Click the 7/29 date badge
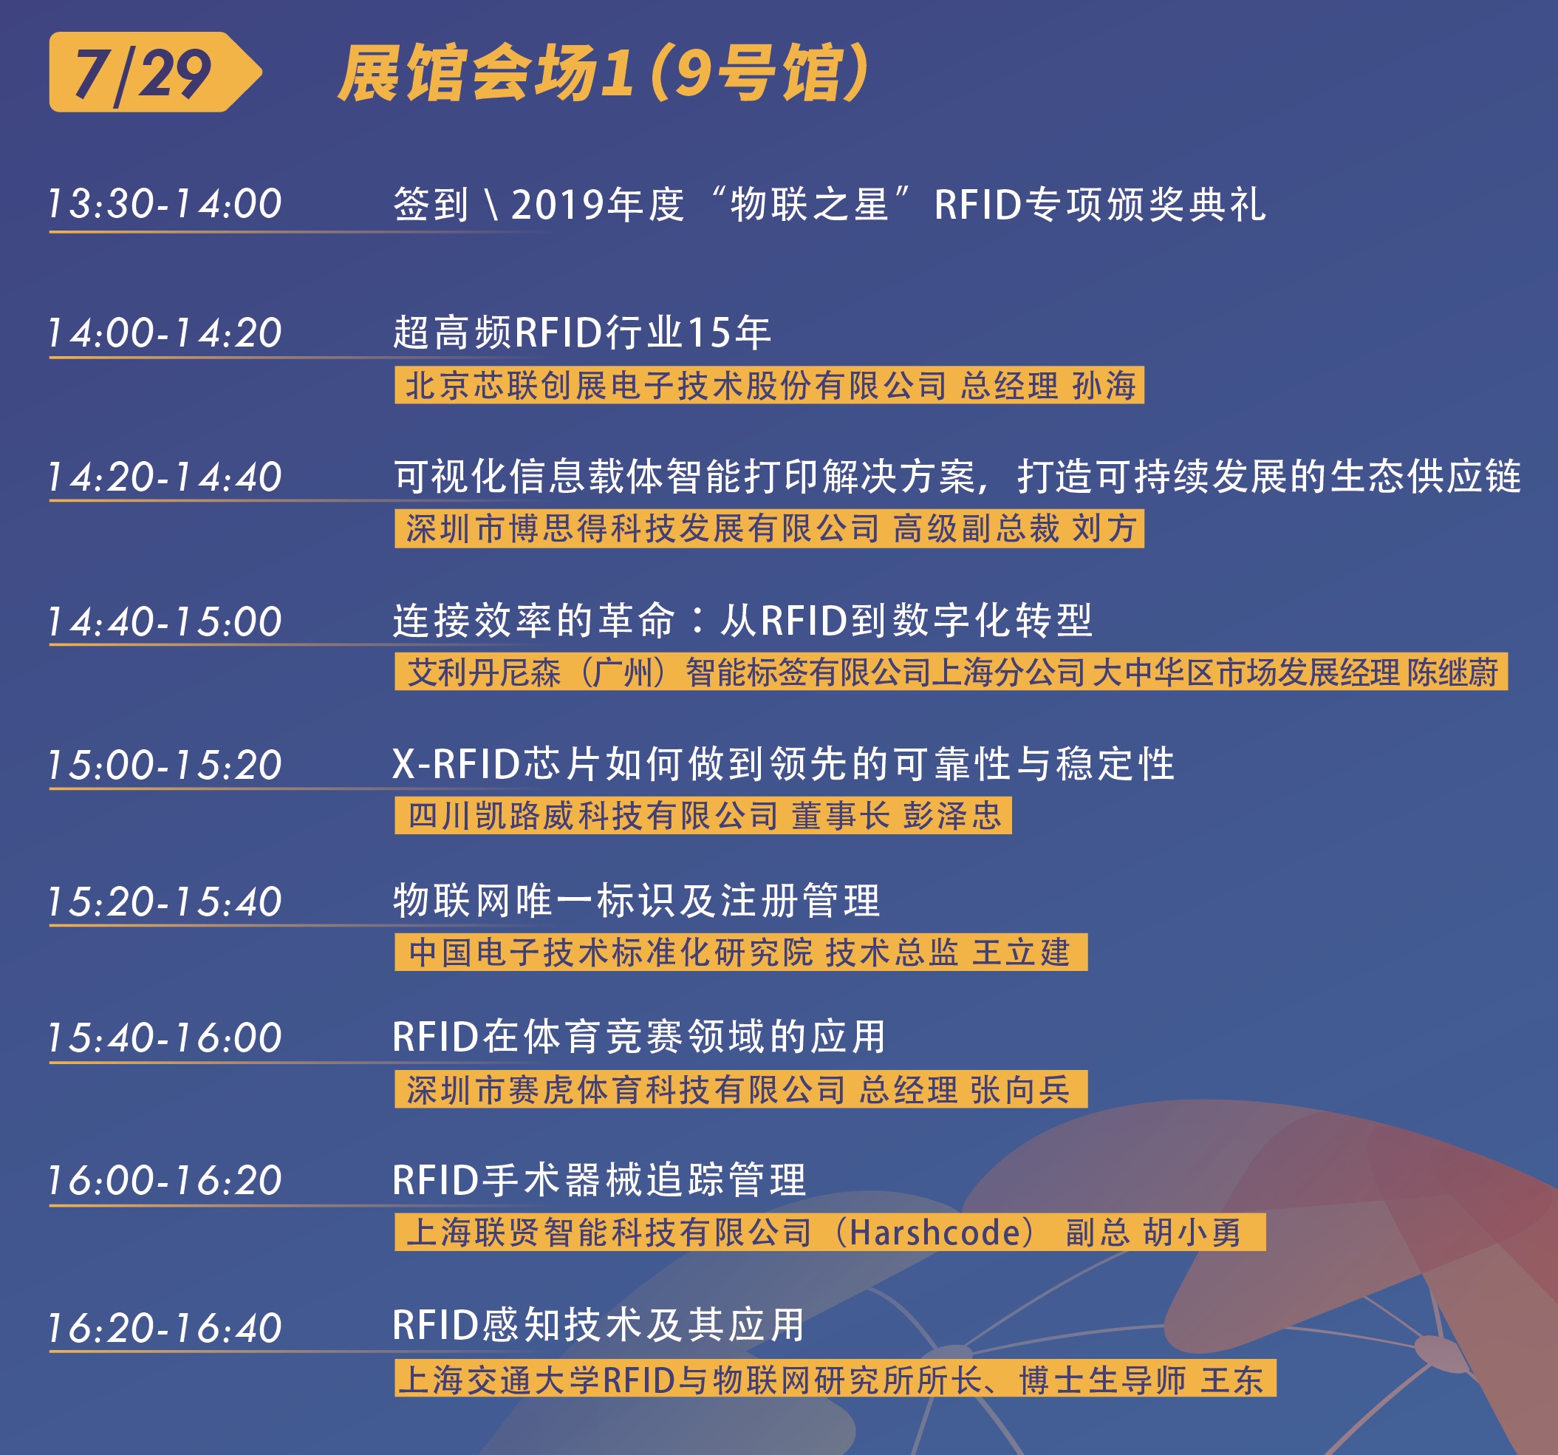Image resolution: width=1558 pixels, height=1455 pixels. click(155, 72)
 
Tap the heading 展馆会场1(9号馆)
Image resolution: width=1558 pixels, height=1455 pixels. click(604, 73)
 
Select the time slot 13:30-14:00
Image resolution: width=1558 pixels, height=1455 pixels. click(165, 204)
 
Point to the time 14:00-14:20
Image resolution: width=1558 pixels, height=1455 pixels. click(165, 333)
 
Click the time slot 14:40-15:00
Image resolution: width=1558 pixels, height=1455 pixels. click(165, 621)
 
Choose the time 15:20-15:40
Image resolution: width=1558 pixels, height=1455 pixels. click(165, 902)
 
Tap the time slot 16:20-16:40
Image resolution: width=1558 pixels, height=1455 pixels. click(165, 1328)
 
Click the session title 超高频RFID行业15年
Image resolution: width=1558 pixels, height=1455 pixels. click(582, 333)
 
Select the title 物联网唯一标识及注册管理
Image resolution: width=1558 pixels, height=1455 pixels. click(637, 901)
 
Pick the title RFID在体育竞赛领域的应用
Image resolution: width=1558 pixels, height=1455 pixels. click(639, 1037)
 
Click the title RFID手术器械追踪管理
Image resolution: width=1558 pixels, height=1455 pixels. click(600, 1180)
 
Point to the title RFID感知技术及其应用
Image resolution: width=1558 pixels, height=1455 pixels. click(599, 1326)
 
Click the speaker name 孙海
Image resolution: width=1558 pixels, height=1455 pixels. click(1104, 386)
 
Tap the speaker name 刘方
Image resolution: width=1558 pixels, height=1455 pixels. click(1104, 528)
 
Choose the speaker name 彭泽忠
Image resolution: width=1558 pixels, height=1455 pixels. click(952, 816)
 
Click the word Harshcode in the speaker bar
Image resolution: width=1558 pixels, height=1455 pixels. click(935, 1233)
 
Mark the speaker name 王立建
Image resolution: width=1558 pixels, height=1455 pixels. click(1021, 953)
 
